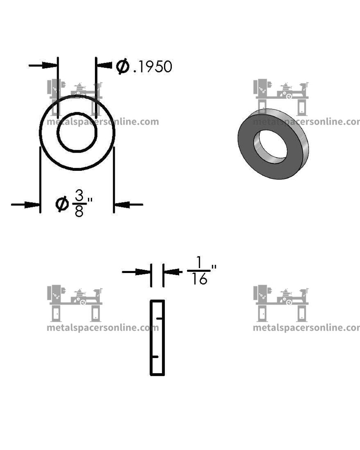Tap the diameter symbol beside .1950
click(x=122, y=66)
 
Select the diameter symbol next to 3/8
click(x=62, y=204)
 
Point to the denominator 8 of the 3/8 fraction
click(x=79, y=211)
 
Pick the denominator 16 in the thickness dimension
click(x=199, y=280)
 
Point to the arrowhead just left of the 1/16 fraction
click(x=173, y=271)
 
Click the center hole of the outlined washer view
click(x=77, y=132)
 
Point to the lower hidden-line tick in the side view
click(x=155, y=357)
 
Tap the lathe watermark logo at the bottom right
click(x=281, y=304)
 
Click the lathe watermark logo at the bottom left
click(x=75, y=304)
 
